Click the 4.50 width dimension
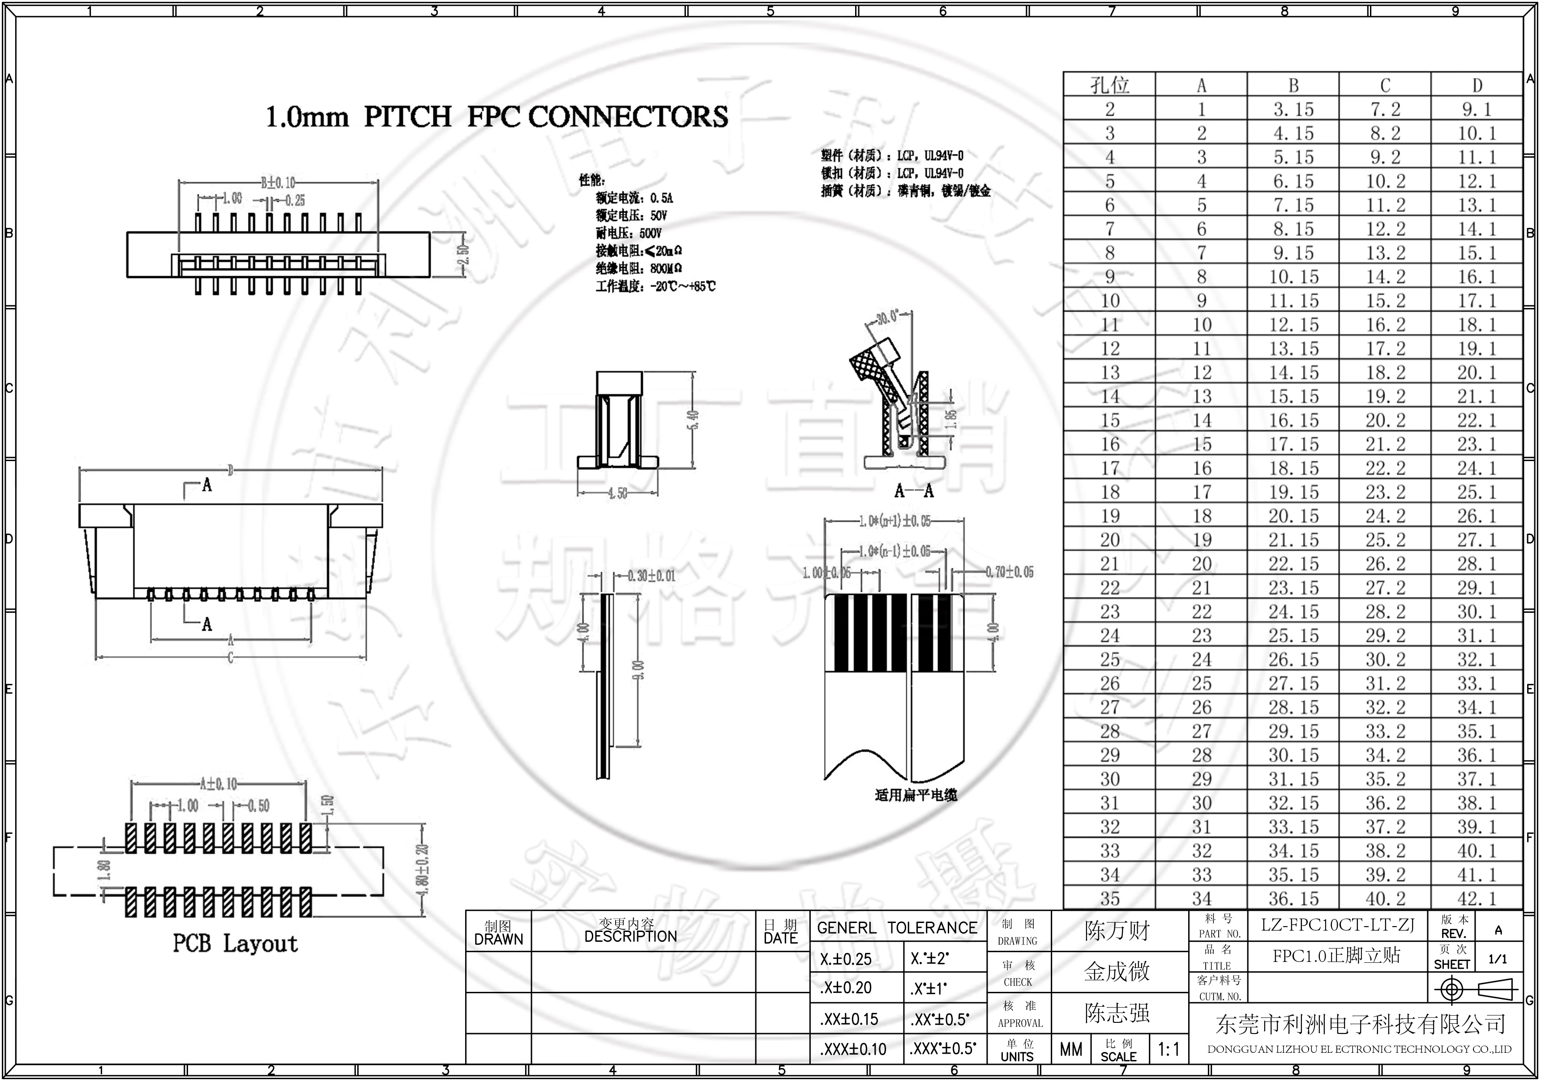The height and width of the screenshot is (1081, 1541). point(617,494)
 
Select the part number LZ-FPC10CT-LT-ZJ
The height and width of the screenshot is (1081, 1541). point(1337,925)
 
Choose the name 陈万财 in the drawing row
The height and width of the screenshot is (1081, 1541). point(1117,931)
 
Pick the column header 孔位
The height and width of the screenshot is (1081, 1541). point(1109,85)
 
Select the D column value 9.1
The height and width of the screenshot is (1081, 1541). point(1477,109)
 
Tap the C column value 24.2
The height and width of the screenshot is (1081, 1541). point(1385,516)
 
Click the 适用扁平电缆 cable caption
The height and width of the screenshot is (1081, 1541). point(916,795)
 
